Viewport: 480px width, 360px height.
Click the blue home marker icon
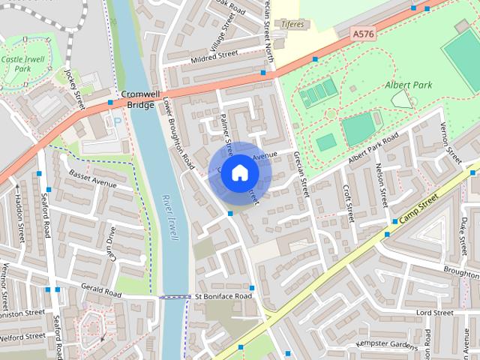[x=238, y=173]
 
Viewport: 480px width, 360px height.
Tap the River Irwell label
[x=169, y=217]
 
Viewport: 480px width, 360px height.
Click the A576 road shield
[x=362, y=34]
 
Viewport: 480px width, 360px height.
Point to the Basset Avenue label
[x=93, y=183]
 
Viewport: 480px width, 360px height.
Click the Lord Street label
[x=434, y=312]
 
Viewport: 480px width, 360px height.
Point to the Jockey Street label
[x=73, y=87]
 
